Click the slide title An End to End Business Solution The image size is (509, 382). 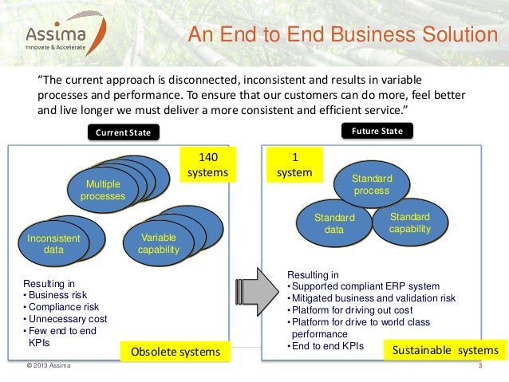click(341, 37)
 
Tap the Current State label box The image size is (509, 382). click(123, 132)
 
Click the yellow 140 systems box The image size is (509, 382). click(207, 164)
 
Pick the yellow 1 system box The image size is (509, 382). click(294, 164)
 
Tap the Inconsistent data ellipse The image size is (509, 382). click(54, 243)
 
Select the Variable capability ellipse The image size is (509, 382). click(159, 243)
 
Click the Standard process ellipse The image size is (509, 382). click(371, 185)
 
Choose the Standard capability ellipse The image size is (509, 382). click(410, 223)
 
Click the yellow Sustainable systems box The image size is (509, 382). click(444, 350)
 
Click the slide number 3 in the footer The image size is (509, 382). click(480, 367)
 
